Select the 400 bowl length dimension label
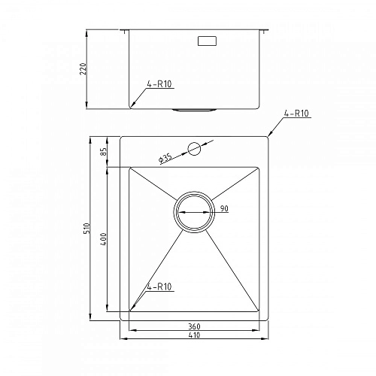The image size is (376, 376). (x=104, y=238)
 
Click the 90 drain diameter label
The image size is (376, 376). (x=223, y=208)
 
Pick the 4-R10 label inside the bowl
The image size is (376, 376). (x=159, y=286)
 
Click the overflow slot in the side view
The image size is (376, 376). (x=205, y=41)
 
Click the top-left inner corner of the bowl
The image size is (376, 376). (x=131, y=167)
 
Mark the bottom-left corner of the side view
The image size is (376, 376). (x=130, y=108)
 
